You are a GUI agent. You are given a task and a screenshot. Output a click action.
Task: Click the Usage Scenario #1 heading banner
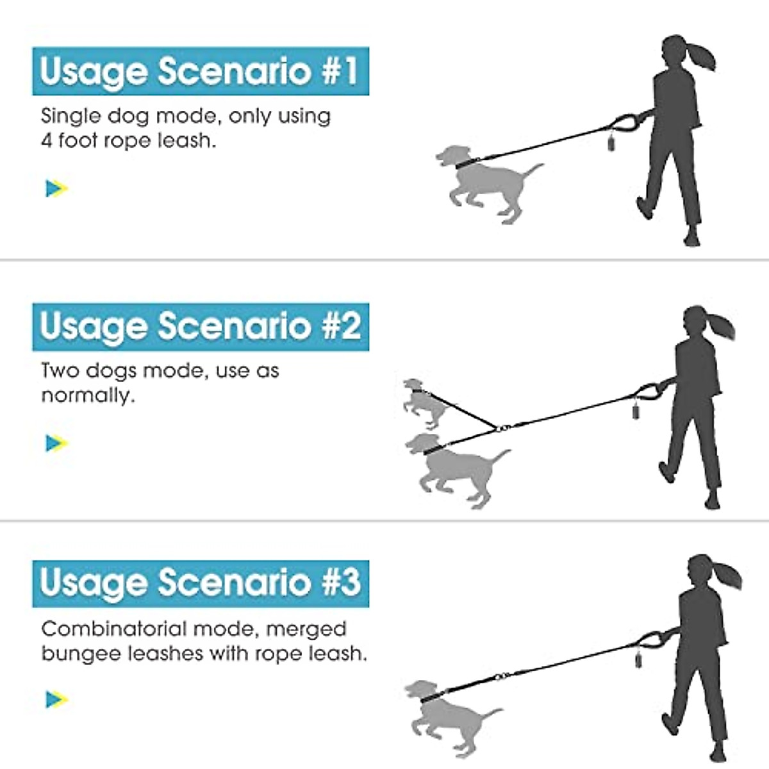pos(201,70)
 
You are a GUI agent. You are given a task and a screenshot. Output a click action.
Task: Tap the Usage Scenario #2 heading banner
pos(201,326)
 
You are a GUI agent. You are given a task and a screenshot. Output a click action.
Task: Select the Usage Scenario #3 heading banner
pos(201,583)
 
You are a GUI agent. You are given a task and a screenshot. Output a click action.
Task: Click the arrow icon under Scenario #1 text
pos(56,188)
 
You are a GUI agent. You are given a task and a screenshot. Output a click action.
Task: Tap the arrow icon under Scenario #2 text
pos(56,443)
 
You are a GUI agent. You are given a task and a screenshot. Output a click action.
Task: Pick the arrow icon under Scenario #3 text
pos(56,699)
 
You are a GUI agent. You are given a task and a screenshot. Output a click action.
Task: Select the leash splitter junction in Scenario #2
pos(503,427)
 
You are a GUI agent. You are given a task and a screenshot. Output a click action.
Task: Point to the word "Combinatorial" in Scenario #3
pos(113,629)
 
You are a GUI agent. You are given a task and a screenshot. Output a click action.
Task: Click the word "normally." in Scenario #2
pos(88,396)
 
